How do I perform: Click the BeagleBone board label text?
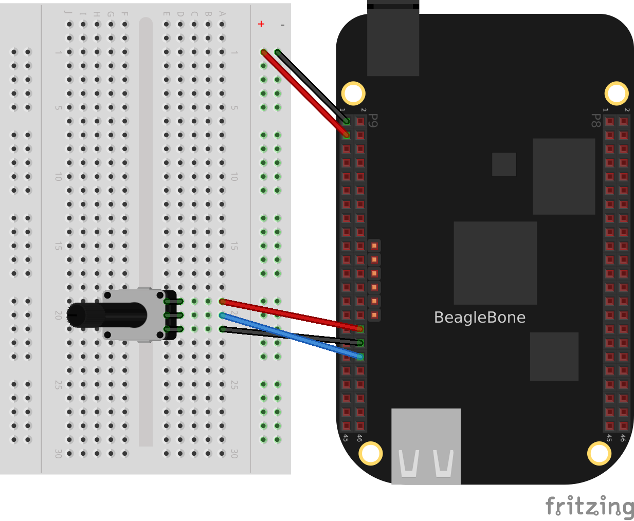click(x=479, y=318)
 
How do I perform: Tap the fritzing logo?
click(x=589, y=507)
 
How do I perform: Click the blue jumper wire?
click(x=291, y=336)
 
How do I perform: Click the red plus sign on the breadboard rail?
click(x=261, y=24)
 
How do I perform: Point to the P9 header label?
click(x=374, y=120)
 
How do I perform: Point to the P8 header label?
click(x=595, y=120)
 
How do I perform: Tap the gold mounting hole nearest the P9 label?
click(x=353, y=94)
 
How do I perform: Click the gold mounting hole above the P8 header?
click(x=616, y=94)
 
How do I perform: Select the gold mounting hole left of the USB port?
click(x=370, y=453)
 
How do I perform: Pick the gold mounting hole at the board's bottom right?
click(x=599, y=453)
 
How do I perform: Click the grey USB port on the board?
click(x=426, y=446)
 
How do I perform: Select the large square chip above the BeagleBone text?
click(x=495, y=263)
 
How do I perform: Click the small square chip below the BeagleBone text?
click(x=554, y=356)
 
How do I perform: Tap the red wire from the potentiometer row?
click(x=291, y=315)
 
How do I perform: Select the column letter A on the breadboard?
click(x=222, y=14)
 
